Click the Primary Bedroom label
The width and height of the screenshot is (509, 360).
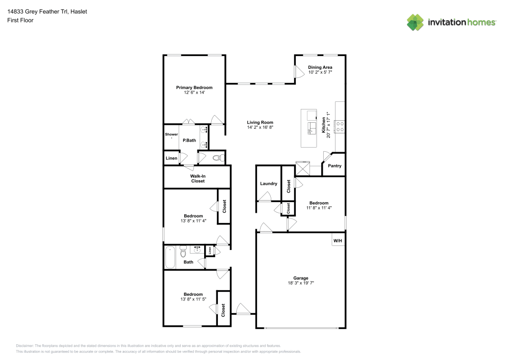(x=194, y=88)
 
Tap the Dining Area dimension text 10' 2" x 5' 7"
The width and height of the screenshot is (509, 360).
(x=320, y=72)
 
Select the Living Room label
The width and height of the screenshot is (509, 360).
(x=260, y=122)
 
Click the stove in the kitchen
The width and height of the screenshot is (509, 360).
(x=340, y=126)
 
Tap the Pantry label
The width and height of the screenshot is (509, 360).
(x=334, y=166)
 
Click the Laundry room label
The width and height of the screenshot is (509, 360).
(x=268, y=183)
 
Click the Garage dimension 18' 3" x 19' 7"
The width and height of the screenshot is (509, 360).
(x=301, y=283)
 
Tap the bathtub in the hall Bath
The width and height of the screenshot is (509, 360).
(x=170, y=257)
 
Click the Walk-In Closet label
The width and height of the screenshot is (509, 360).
(x=197, y=178)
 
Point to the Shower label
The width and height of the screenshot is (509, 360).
(x=171, y=134)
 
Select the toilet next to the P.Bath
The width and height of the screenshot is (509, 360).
(x=218, y=158)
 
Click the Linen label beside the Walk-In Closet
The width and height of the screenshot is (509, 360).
(x=171, y=158)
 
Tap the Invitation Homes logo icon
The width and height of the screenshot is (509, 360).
(x=415, y=22)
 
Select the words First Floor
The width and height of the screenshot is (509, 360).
(x=20, y=20)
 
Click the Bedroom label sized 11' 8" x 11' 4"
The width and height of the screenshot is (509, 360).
(x=319, y=203)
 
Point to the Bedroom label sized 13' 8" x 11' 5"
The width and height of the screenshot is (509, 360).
(x=193, y=294)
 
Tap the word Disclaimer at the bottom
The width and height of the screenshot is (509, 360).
(x=24, y=345)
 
